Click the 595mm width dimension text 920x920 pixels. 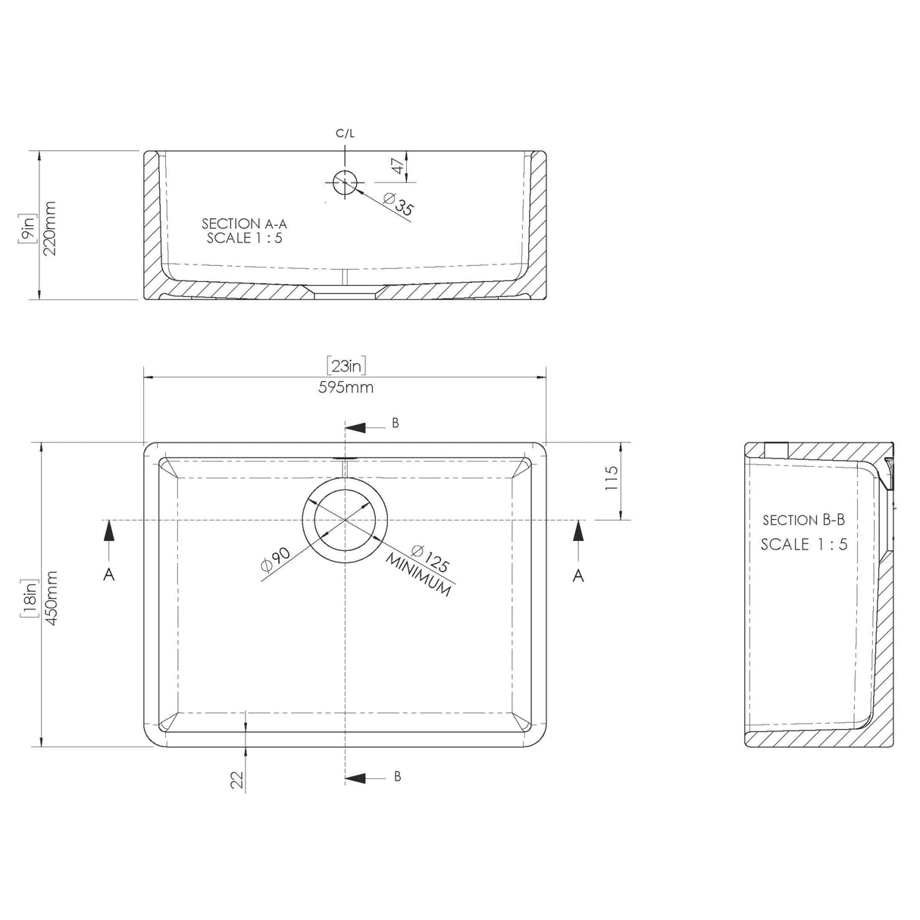[x=347, y=387]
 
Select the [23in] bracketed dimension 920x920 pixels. [x=347, y=366]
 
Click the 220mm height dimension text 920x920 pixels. [x=52, y=228]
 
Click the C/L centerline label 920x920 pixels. [x=345, y=134]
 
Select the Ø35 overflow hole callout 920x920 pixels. [x=399, y=205]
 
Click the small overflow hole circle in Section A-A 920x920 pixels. [x=345, y=182]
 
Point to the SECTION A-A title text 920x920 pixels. [x=244, y=224]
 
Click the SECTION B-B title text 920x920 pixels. [x=803, y=520]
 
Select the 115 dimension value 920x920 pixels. [x=612, y=479]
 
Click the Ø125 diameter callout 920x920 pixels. [x=430, y=559]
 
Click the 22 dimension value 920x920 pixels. [x=237, y=780]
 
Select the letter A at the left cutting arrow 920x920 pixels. [x=109, y=576]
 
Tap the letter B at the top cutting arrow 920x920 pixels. [x=395, y=424]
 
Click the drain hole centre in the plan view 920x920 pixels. [x=346, y=520]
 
